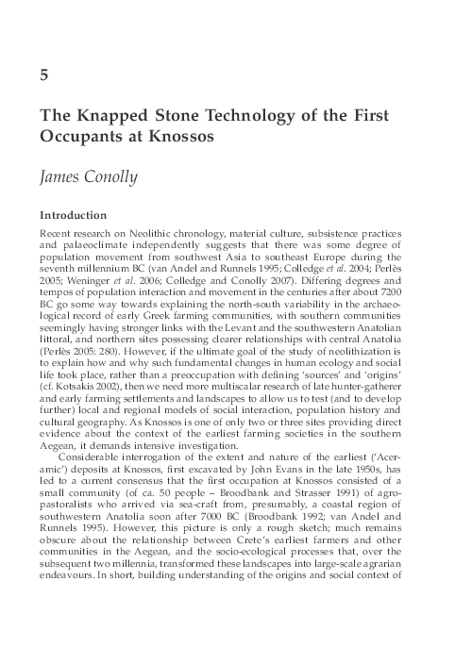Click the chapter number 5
[x=43, y=77]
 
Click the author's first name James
[x=64, y=175]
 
